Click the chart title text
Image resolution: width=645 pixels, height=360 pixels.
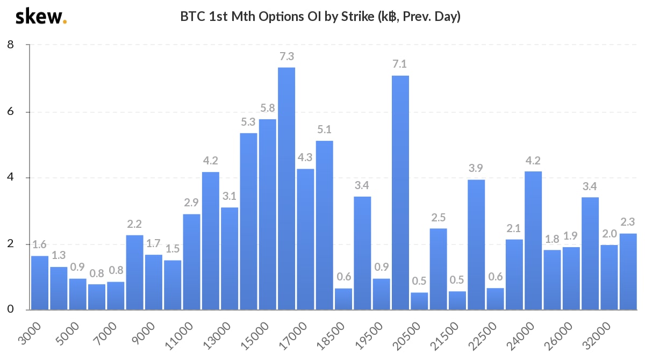(x=321, y=17)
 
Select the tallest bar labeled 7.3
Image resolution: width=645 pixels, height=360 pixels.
(x=286, y=188)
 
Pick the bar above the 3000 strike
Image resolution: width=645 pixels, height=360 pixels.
(x=40, y=283)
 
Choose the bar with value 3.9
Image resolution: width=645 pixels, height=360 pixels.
(x=476, y=244)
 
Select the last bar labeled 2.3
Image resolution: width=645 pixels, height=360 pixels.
(x=628, y=271)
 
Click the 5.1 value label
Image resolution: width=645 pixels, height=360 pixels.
(x=324, y=129)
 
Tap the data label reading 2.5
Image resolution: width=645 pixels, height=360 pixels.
(x=438, y=218)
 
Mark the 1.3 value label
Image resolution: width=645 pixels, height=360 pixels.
(x=59, y=256)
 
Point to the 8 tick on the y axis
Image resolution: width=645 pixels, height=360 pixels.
(x=10, y=45)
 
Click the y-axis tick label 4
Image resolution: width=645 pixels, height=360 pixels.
(x=10, y=178)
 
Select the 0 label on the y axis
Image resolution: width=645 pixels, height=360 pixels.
(x=10, y=310)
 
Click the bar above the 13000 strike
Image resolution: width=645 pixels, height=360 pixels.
(x=230, y=258)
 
